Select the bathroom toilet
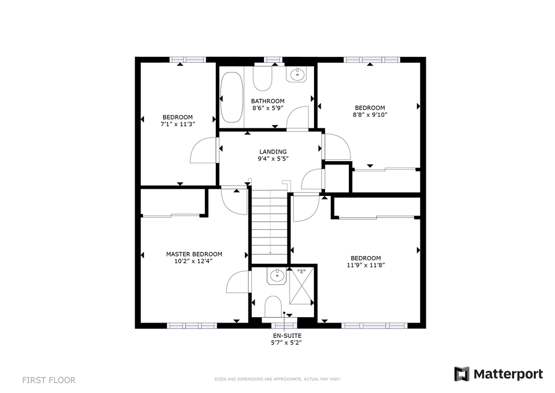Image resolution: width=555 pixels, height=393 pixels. point(262,78)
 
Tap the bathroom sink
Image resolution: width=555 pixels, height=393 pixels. point(297,74)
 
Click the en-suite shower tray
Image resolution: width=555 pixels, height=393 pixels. point(301,286)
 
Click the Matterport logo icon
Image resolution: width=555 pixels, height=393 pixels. point(462,374)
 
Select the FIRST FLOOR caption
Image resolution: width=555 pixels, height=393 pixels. point(49,380)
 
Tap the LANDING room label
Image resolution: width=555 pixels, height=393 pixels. point(273,152)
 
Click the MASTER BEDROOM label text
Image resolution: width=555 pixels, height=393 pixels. point(194,254)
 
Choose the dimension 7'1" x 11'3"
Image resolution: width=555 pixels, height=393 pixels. point(178,124)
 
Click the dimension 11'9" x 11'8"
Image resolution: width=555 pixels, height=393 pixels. point(366,265)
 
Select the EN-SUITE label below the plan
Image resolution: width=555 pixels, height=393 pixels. point(287,336)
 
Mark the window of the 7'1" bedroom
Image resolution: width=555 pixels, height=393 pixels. point(187,59)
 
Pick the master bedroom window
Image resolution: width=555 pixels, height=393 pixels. point(191,326)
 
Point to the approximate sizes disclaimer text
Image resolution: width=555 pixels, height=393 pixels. point(277,379)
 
